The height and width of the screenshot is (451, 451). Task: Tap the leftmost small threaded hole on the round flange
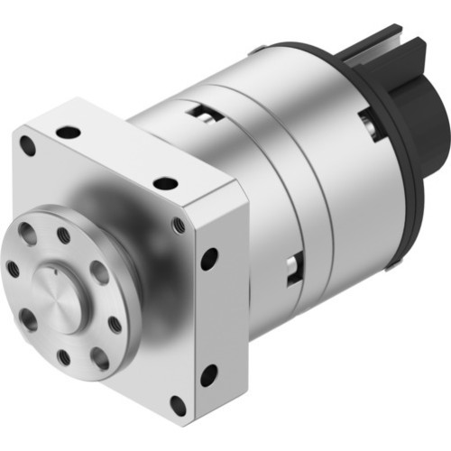pos(13,269)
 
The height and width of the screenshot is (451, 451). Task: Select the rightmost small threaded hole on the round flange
pos(115,324)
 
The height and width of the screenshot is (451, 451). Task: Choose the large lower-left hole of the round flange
pos(29,318)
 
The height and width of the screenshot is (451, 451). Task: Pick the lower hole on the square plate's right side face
pos(208,373)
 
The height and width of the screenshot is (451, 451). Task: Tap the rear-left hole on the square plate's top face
pos(69,132)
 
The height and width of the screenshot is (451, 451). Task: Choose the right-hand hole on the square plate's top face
pos(165,183)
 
